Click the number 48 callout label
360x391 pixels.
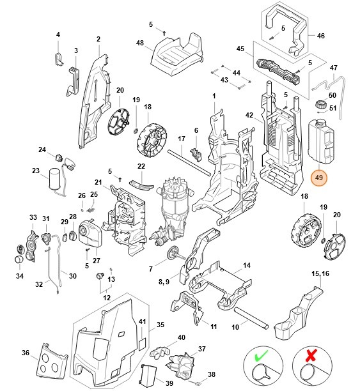tap(139, 43)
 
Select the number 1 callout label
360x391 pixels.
tap(214, 95)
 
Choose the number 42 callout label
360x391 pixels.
tap(250, 116)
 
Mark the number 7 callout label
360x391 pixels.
tap(151, 269)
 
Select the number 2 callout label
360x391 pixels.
tap(98, 39)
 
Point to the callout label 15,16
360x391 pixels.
tap(320, 273)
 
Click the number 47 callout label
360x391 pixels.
tap(334, 67)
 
